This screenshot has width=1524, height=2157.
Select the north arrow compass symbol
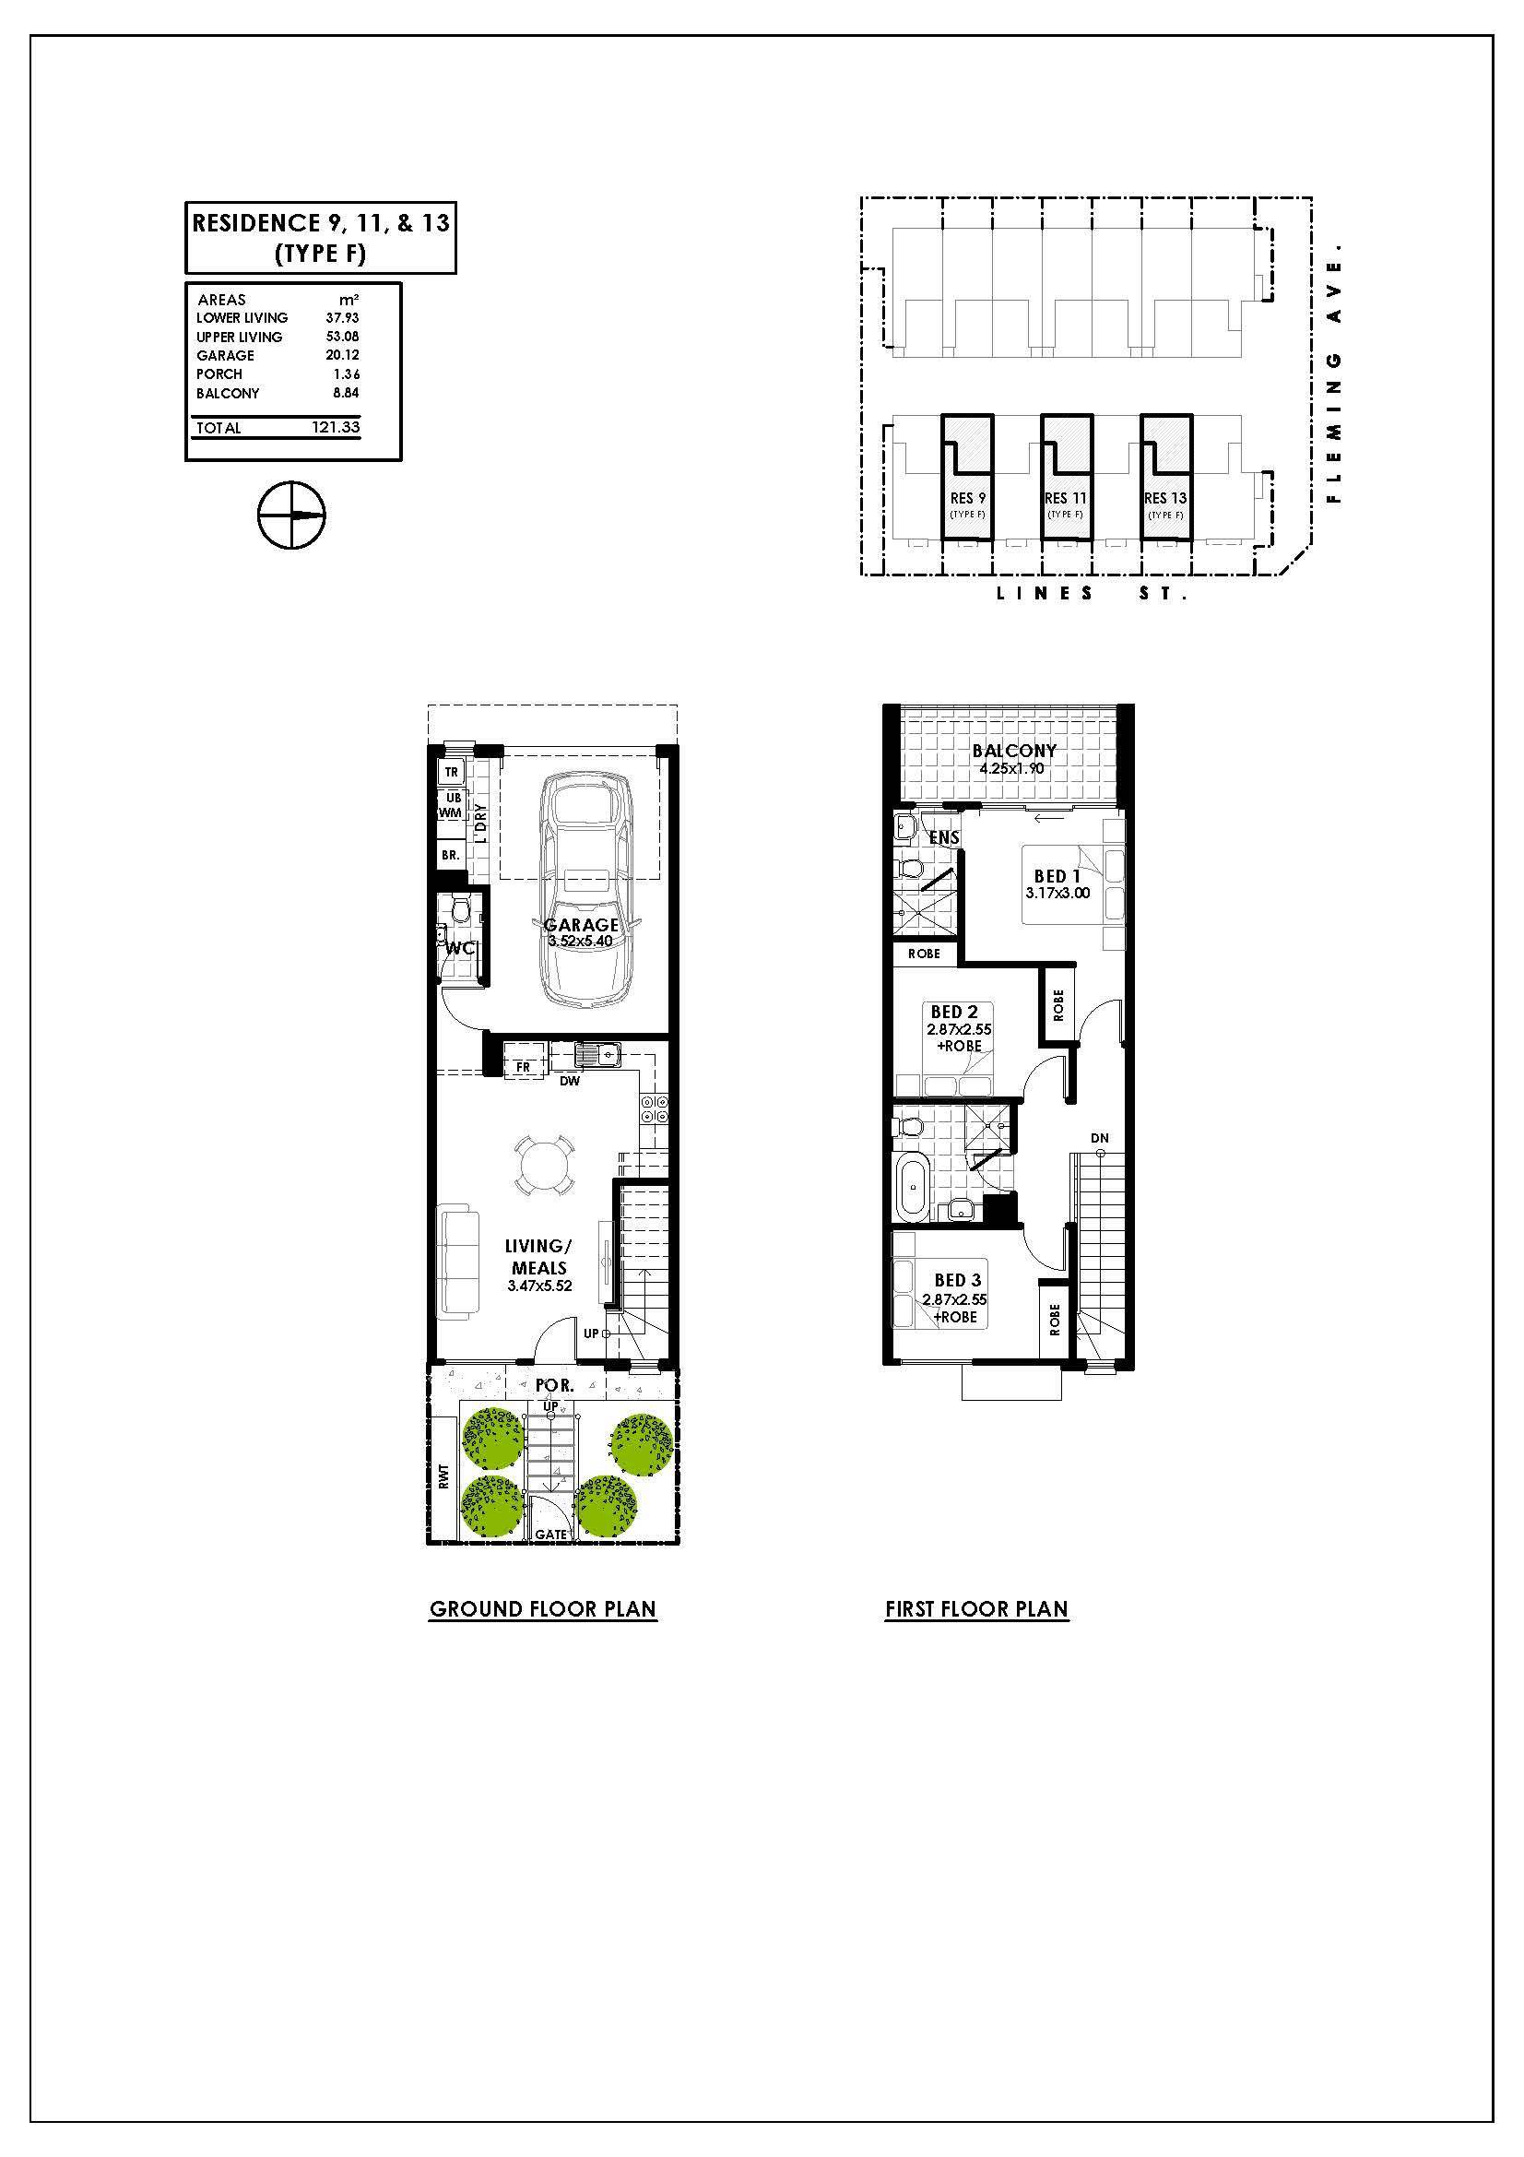coord(291,516)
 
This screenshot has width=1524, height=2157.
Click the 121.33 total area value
coord(337,428)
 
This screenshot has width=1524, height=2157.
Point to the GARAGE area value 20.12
coord(343,355)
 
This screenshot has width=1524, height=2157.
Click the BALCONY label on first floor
coord(1014,751)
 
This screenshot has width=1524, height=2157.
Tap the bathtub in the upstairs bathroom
coord(913,1188)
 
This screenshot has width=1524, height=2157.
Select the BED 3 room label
coord(957,1280)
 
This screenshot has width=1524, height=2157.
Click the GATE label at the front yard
coord(551,1535)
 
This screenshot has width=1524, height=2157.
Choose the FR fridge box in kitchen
coord(524,1067)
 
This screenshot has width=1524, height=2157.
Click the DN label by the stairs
coord(1100,1139)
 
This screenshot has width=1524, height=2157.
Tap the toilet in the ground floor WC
coord(460,909)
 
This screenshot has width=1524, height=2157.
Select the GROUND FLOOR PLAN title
coord(543,1609)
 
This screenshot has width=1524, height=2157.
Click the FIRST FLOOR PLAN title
coord(976,1609)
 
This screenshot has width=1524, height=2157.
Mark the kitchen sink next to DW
coord(598,1056)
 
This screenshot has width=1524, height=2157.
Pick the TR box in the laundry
coord(451,772)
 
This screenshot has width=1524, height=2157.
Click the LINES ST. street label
coord(1091,594)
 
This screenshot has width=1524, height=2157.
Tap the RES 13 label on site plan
coord(1164,498)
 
